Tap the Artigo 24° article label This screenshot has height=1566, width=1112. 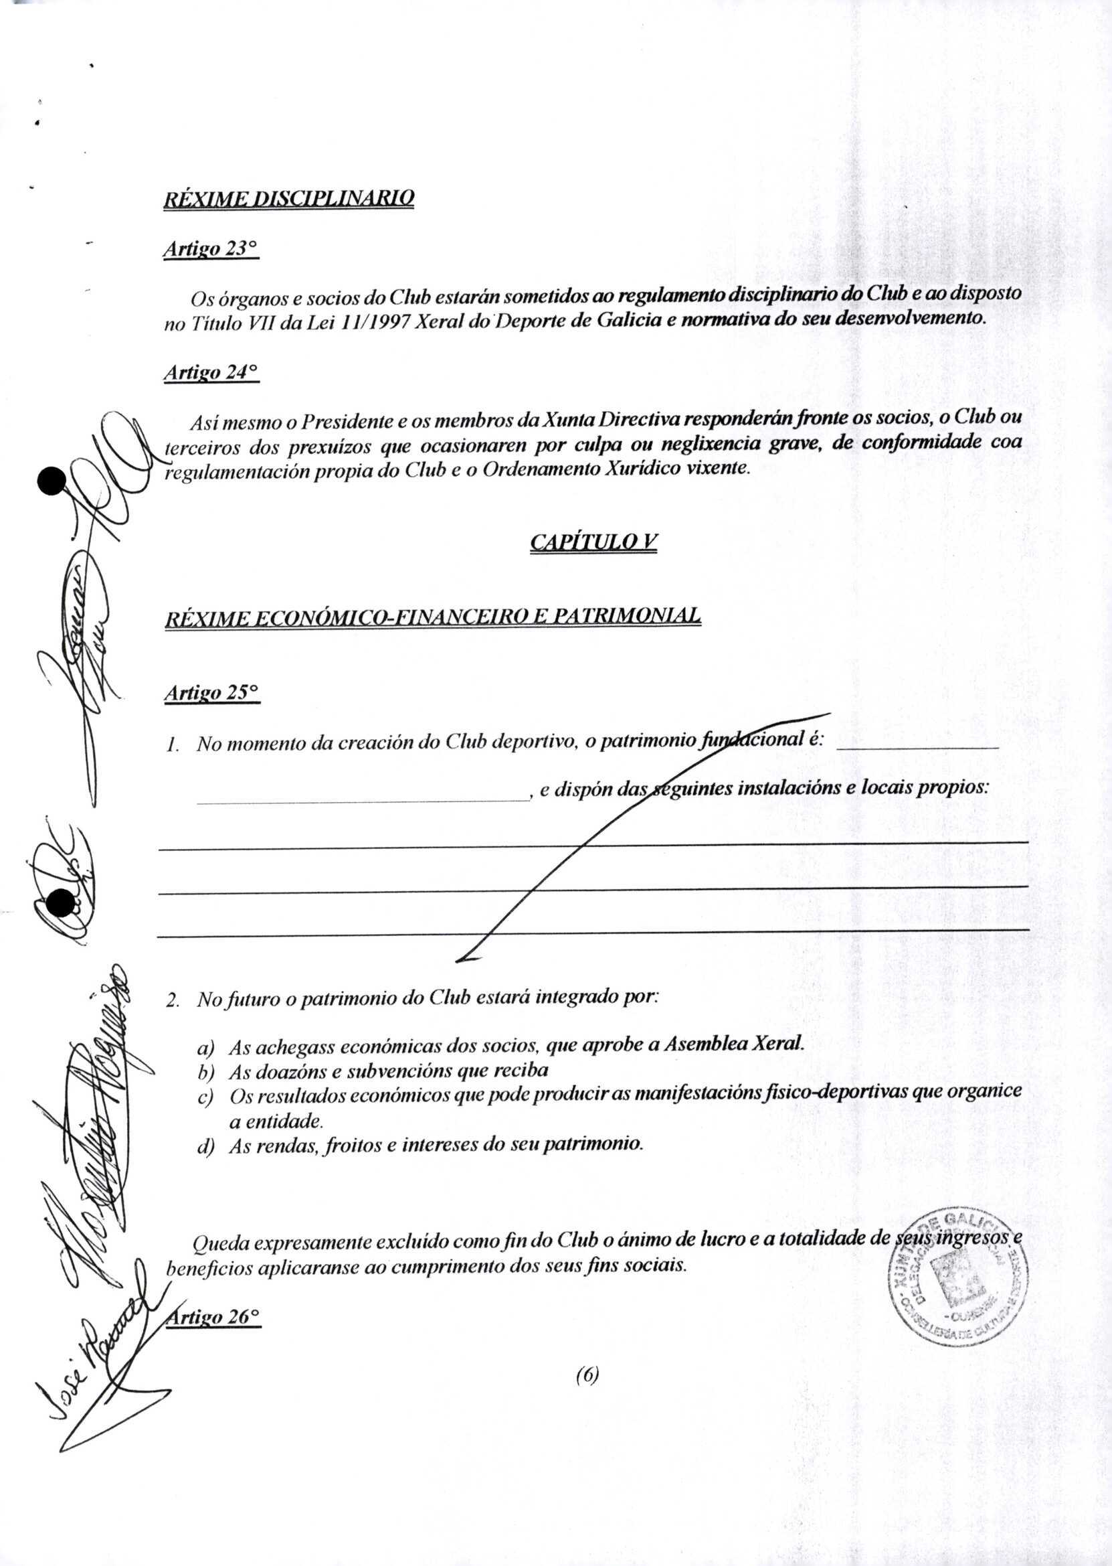tap(211, 374)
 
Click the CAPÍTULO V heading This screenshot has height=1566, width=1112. tap(593, 542)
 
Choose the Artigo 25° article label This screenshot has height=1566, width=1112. tap(211, 693)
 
